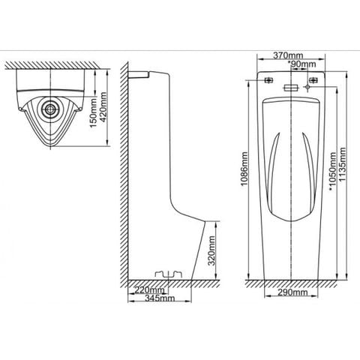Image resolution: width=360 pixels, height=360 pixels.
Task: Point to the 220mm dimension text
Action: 148,290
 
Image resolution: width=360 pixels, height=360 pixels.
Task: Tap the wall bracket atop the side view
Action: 139,73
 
